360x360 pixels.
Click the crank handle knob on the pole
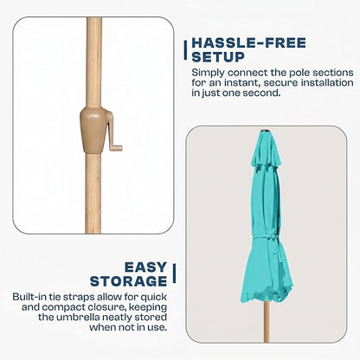[x=116, y=148]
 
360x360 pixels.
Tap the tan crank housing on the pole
[x=93, y=130]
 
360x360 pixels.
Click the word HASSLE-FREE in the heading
[x=248, y=43]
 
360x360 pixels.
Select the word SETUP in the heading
[x=218, y=57]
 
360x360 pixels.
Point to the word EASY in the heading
[x=146, y=267]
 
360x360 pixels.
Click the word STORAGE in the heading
[x=129, y=281]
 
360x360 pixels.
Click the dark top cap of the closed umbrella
[x=264, y=132]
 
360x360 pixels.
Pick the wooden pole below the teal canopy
[x=267, y=322]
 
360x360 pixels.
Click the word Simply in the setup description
[x=208, y=73]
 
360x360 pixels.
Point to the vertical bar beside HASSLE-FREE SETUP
[x=185, y=50]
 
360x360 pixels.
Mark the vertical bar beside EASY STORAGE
[x=174, y=273]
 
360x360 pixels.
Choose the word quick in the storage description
[x=154, y=298]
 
